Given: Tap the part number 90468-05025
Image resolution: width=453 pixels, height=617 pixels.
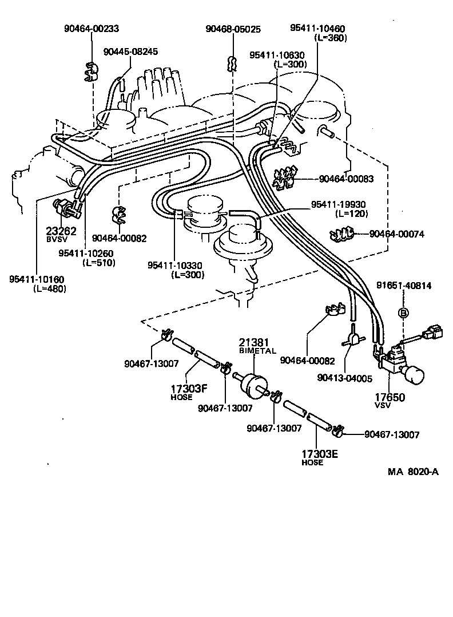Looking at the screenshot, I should coord(233,29).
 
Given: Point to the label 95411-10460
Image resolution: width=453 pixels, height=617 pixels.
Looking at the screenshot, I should coord(317,29).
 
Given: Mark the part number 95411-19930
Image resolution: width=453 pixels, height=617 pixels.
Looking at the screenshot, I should coord(338,204).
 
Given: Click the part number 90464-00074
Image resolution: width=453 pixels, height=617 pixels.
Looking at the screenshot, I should coord(396,234).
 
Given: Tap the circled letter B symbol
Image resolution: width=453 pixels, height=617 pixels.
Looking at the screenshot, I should coord(404,313).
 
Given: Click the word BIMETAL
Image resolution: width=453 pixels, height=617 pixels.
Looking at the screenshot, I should coord(257,351).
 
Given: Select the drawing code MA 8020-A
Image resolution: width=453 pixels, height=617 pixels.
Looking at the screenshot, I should coord(413,472).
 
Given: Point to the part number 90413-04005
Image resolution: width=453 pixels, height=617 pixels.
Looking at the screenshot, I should coord(345,378).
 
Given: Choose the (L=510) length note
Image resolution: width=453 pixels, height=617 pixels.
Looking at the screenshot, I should coord(99,263).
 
